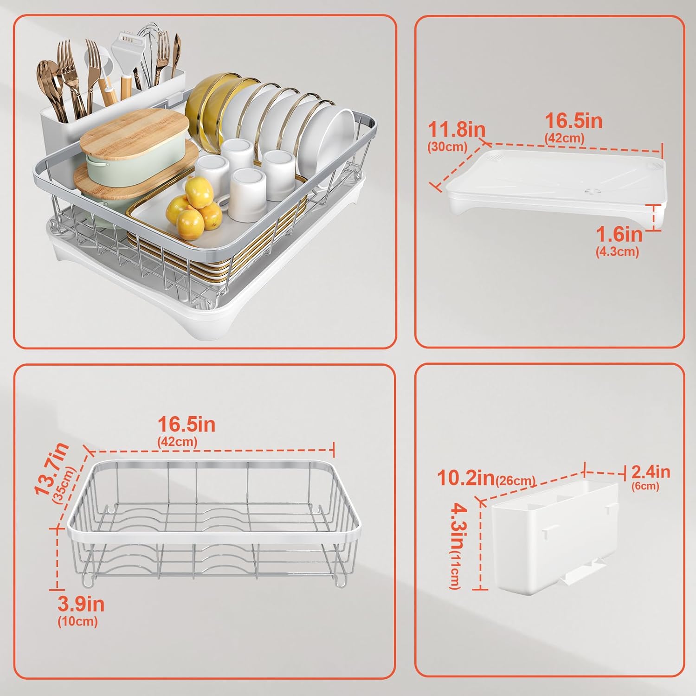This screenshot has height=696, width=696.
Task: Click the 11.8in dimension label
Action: pyautogui.click(x=457, y=129)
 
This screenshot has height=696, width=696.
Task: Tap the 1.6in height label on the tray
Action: pyautogui.click(x=619, y=234)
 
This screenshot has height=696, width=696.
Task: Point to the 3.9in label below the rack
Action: pyautogui.click(x=81, y=604)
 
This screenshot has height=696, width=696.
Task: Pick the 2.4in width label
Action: pyautogui.click(x=651, y=472)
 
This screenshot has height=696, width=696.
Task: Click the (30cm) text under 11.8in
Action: pyautogui.click(x=447, y=147)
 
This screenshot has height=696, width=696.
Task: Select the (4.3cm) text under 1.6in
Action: pyautogui.click(x=617, y=251)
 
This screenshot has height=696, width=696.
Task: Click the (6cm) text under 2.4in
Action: pyautogui.click(x=645, y=486)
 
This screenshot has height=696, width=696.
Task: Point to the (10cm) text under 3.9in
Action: pyautogui.click(x=77, y=621)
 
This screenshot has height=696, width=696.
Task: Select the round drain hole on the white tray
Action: pyautogui.click(x=593, y=191)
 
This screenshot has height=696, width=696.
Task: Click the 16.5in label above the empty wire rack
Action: pyautogui.click(x=187, y=425)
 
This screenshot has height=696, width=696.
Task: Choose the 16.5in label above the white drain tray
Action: pyautogui.click(x=574, y=121)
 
